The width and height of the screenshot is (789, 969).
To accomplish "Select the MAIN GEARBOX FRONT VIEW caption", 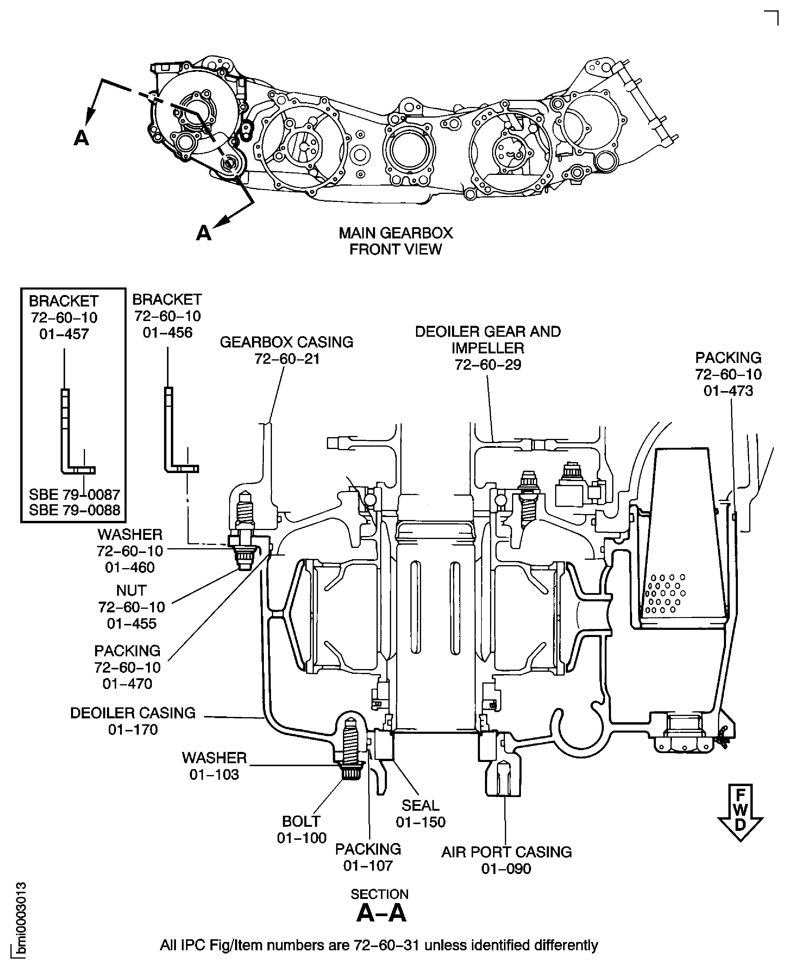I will click(396, 241).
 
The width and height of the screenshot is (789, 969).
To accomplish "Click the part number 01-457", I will click(64, 334).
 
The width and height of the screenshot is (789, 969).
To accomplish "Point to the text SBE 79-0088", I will click(75, 510).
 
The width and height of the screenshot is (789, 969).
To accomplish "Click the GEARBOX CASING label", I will click(286, 342).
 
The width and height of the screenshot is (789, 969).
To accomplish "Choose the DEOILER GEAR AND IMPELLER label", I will click(488, 340).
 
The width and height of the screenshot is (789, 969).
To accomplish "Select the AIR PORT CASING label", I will click(506, 852).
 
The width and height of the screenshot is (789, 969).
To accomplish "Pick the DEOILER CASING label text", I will click(133, 713).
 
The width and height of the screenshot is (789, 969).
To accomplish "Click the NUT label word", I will click(131, 590).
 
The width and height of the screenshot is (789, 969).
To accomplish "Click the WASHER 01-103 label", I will click(214, 766).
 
